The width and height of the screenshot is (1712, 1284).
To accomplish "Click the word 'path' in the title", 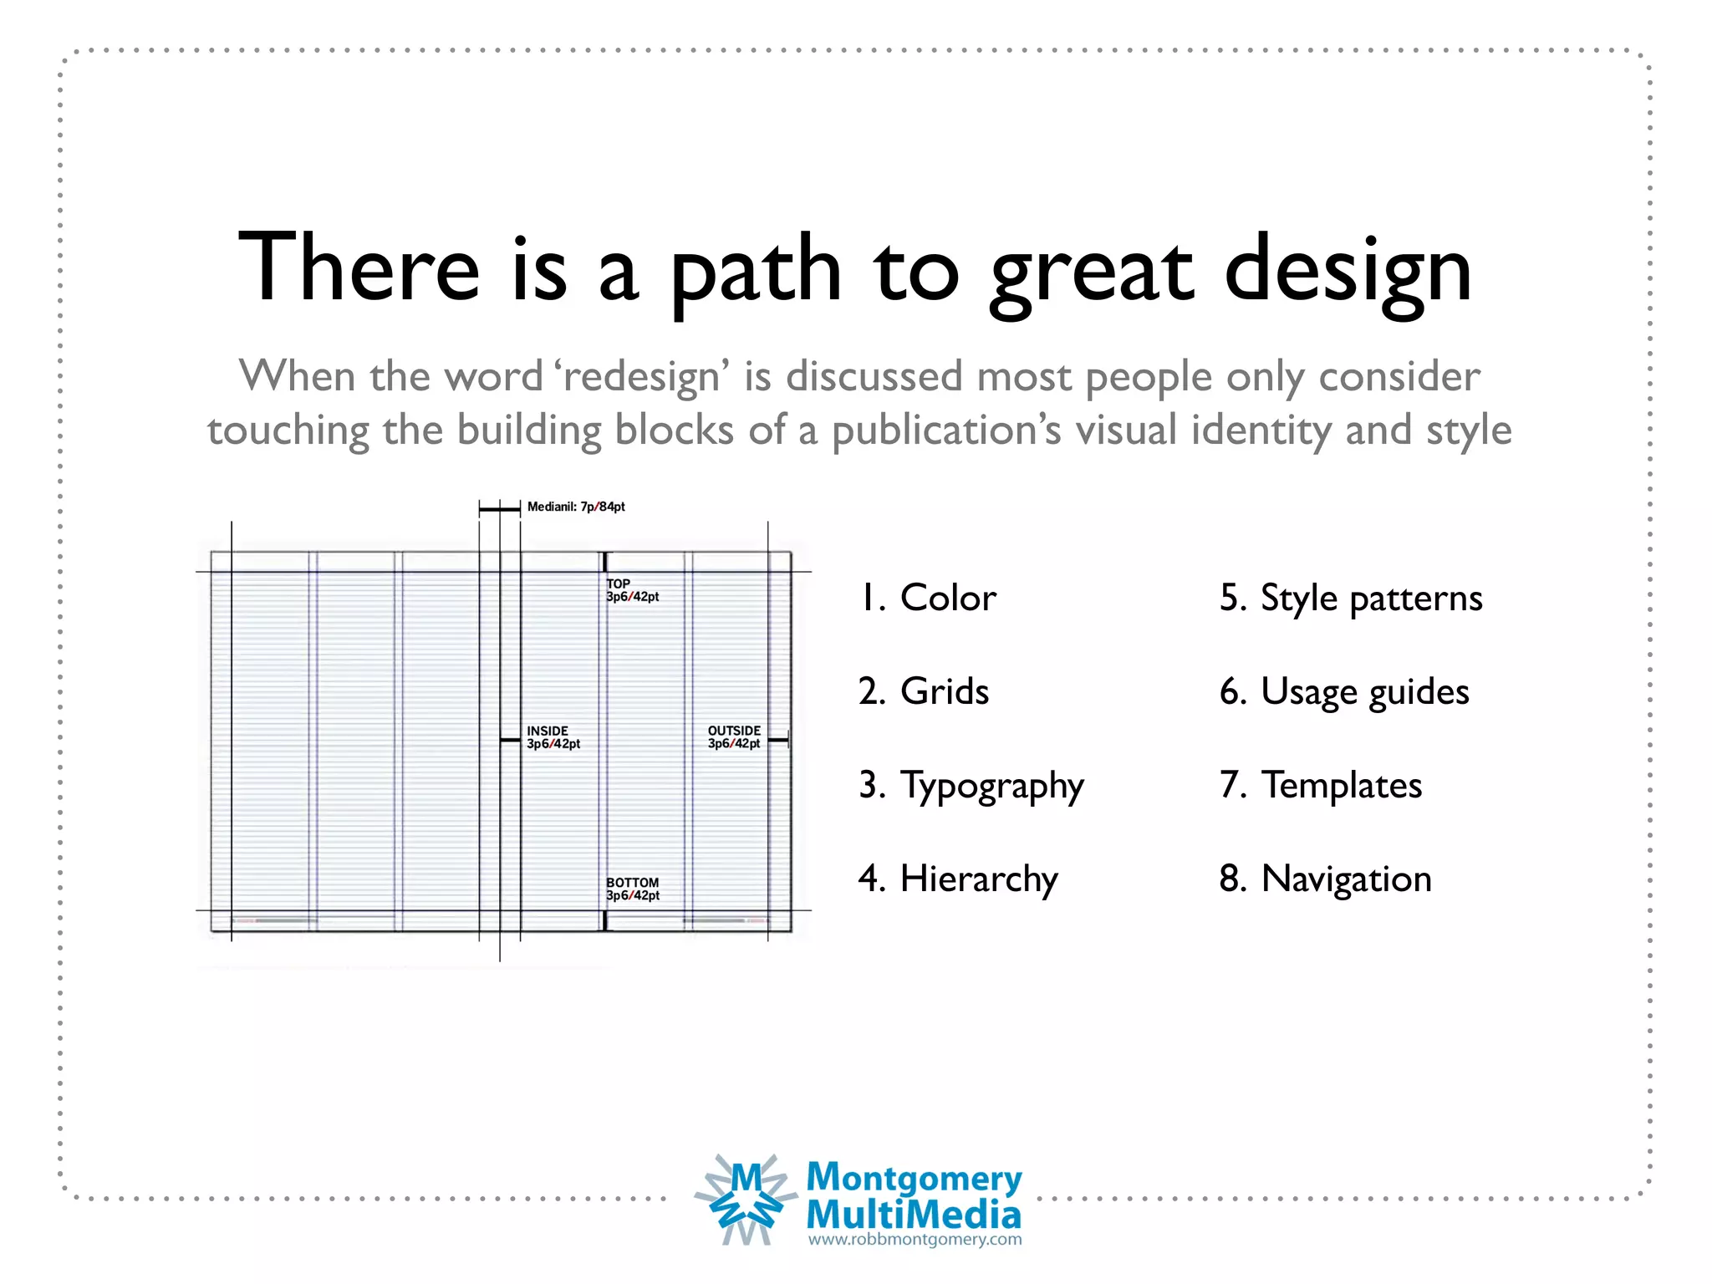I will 757,272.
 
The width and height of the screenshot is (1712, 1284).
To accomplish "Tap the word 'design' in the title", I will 1348,272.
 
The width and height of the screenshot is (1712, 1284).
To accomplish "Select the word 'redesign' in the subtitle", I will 641,377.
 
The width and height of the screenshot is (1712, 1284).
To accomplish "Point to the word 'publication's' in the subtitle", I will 946,431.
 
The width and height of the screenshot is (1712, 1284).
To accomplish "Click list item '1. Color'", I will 928,599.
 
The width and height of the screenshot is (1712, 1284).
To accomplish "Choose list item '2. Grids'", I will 924,692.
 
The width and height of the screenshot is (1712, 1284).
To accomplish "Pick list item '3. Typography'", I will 971,787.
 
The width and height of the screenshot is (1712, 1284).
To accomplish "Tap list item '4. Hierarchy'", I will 958,879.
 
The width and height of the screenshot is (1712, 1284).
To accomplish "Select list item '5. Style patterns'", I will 1351,599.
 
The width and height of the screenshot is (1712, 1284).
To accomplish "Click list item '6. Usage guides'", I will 1344,692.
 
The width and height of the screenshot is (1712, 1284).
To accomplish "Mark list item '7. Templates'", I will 1321,786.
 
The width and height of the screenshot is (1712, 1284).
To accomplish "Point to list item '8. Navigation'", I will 1326,879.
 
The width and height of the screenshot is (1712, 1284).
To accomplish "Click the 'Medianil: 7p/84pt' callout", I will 576,507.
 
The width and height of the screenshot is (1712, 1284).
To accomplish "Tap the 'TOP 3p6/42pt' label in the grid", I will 633,590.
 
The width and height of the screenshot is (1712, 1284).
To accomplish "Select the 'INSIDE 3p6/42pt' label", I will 553,737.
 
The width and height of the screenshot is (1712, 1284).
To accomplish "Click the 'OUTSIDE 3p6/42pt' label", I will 734,737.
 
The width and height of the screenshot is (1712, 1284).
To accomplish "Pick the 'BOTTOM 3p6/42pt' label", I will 633,889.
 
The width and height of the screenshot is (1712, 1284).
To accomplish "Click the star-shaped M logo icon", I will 746,1200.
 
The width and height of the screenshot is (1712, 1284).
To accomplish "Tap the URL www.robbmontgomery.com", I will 915,1240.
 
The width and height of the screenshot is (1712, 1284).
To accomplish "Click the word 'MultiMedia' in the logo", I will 914,1215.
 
